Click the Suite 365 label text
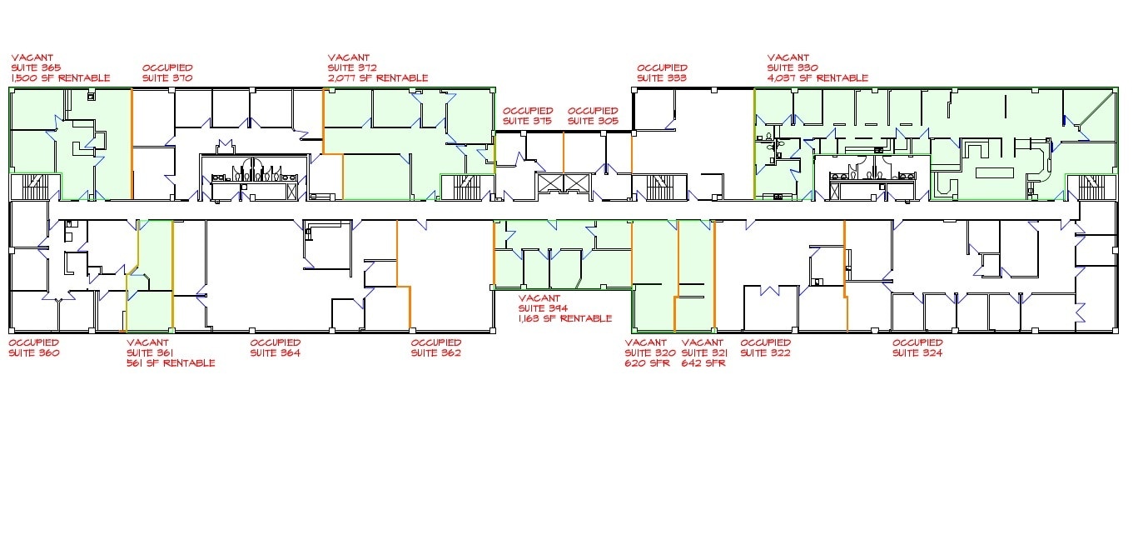(36, 67)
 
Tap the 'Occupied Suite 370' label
(167, 72)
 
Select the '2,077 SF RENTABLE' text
(378, 78)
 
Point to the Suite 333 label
(662, 78)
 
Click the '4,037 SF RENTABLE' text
(817, 78)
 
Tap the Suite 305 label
(593, 121)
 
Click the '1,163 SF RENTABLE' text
(565, 318)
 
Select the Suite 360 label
(34, 352)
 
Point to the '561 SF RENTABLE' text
(171, 362)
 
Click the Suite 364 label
(276, 352)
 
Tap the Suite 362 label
(436, 352)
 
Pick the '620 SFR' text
(648, 362)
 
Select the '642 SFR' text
(703, 362)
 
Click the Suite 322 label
(765, 352)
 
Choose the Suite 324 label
(917, 352)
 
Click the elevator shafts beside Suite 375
(564, 183)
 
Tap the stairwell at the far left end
(36, 187)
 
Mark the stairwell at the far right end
(1091, 187)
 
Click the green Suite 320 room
(653, 276)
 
